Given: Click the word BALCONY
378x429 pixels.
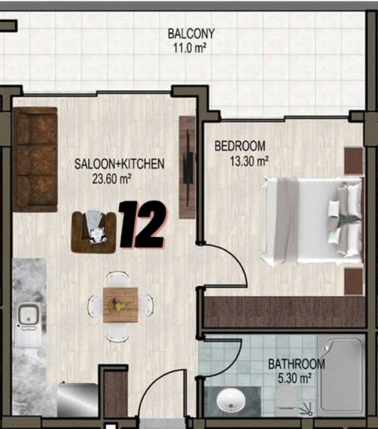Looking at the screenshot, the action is pyautogui.click(x=191, y=33).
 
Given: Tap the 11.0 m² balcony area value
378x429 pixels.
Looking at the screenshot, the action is pyautogui.click(x=189, y=48).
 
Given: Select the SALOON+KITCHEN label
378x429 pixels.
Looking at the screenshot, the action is pyautogui.click(x=119, y=164).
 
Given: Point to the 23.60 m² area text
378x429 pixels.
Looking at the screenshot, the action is pyautogui.click(x=112, y=179).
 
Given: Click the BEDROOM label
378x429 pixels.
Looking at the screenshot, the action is pyautogui.click(x=240, y=146).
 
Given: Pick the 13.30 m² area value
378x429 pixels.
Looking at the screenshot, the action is pyautogui.click(x=249, y=161).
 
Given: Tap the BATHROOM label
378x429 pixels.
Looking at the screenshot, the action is pyautogui.click(x=297, y=364).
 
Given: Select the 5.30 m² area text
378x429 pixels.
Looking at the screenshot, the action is pyautogui.click(x=295, y=379).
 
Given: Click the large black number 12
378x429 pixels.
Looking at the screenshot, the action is pyautogui.click(x=142, y=225).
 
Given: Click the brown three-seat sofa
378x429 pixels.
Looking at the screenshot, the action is pyautogui.click(x=35, y=159).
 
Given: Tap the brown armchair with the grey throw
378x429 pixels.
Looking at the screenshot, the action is pyautogui.click(x=93, y=232).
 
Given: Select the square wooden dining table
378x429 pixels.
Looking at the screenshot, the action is pyautogui.click(x=121, y=305).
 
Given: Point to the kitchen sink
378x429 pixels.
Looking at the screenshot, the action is pyautogui.click(x=28, y=315).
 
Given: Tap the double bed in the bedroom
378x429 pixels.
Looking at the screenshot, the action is pyautogui.click(x=312, y=220).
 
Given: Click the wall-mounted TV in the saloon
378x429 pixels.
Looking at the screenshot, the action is pyautogui.click(x=188, y=167).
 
